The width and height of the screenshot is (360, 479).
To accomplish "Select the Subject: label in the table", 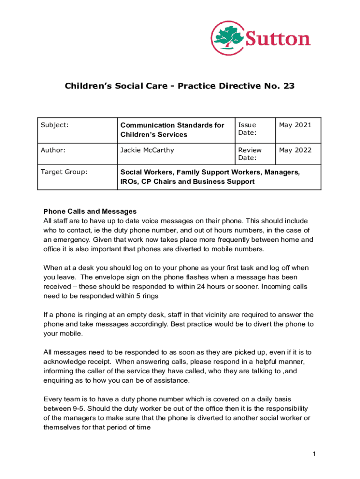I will pos(55,125).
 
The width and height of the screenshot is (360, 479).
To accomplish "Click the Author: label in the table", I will pos(53,150).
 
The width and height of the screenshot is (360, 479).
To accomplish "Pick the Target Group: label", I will pos(64,172).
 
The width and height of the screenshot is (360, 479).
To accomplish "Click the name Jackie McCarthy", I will pos(147,150).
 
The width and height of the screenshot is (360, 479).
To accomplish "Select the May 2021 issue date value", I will pos(295,125).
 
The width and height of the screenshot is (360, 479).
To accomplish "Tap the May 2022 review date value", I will pos(295,150).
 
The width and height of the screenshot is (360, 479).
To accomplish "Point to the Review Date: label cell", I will pos(250,154).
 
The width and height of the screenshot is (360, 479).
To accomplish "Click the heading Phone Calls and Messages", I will pos(90,211).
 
